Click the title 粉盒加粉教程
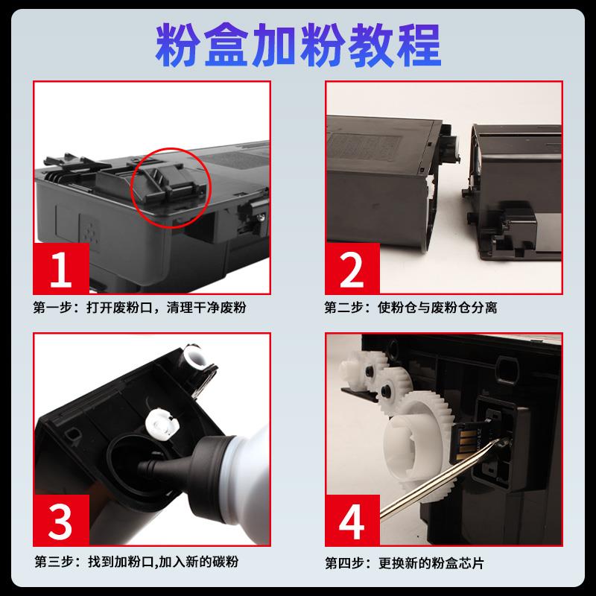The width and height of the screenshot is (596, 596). (298, 45)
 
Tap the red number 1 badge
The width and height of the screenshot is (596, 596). (61, 268)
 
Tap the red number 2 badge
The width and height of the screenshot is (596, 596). (352, 268)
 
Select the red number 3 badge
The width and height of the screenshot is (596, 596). (61, 520)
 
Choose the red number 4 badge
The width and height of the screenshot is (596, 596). (352, 520)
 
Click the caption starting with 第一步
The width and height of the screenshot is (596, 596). (139, 307)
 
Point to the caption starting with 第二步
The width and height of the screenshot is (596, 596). (410, 307)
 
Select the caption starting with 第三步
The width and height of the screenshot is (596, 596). (136, 562)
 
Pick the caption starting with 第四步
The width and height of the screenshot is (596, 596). (405, 563)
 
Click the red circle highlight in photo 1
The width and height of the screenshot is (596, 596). (171, 148)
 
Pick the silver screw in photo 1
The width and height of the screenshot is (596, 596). (260, 217)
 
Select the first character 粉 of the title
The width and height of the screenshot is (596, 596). (177, 45)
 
